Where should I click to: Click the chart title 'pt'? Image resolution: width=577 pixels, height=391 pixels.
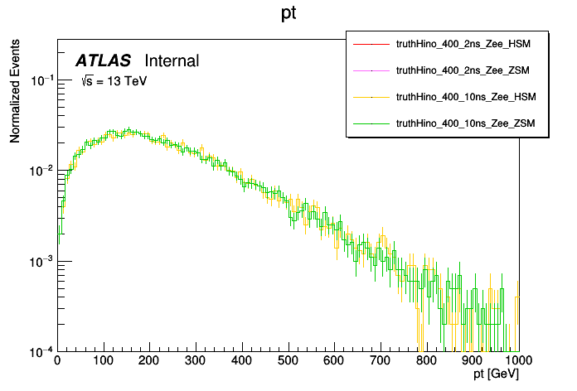(288, 15)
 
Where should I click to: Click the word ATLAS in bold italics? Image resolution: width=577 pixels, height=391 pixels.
(103, 60)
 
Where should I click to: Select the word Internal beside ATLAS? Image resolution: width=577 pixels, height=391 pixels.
(172, 60)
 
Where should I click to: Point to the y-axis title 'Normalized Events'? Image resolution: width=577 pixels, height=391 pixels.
(15, 94)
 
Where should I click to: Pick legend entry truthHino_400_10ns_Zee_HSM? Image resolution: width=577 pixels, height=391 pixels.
(467, 97)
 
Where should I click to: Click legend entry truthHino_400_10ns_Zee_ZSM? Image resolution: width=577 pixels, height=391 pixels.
(467, 123)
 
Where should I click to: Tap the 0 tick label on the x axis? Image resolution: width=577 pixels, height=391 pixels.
(56, 361)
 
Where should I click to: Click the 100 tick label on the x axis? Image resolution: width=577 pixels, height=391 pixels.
(103, 361)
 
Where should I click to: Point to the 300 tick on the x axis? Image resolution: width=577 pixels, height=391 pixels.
(196, 361)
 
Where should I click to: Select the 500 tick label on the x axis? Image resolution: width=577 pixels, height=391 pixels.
(288, 361)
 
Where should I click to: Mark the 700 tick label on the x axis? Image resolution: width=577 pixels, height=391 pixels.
(381, 361)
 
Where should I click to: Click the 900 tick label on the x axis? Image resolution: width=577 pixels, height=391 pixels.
(473, 361)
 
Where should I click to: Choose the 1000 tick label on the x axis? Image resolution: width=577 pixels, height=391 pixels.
(519, 361)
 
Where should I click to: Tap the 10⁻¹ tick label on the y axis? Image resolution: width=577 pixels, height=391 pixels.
(39, 80)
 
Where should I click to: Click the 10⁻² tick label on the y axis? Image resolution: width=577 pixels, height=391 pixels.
(39, 171)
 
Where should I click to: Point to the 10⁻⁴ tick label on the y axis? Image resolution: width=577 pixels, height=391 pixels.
(39, 351)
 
